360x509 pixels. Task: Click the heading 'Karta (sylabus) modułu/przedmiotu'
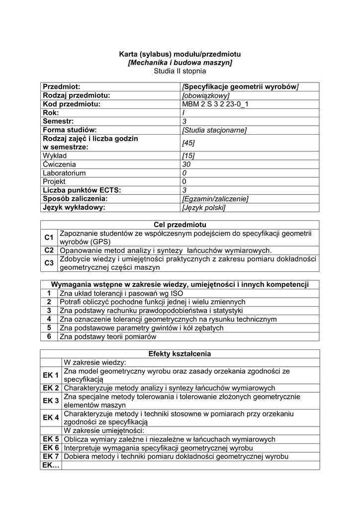(180, 54)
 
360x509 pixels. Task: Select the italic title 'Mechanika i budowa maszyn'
(180, 63)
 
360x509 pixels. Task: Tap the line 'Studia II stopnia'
(180, 72)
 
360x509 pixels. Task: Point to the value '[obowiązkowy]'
(205, 95)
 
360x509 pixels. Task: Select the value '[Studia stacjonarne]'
(214, 130)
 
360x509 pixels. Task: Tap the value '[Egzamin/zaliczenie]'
(215, 199)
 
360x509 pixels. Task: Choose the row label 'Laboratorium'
(64, 173)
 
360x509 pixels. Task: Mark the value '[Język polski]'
(204, 207)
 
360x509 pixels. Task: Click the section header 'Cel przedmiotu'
(180, 225)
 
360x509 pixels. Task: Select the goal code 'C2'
(49, 250)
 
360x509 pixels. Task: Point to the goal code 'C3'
(49, 263)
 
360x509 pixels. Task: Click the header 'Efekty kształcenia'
(180, 354)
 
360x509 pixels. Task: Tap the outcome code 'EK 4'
(51, 418)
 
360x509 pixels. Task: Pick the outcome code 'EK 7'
(51, 456)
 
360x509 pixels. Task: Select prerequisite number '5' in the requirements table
(49, 328)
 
